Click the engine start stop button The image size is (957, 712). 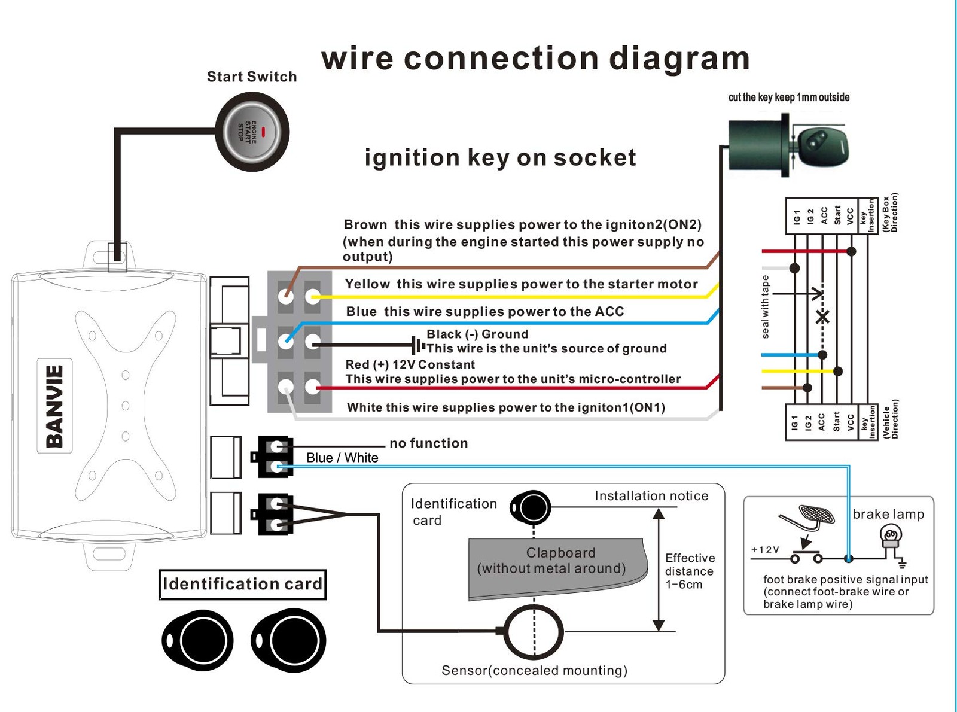pyautogui.click(x=252, y=132)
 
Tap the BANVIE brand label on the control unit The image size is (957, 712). pyautogui.click(x=54, y=406)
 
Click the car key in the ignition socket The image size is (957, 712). pyautogui.click(x=823, y=144)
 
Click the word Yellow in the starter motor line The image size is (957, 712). pyautogui.click(x=367, y=284)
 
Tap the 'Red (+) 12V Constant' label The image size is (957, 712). pyautogui.click(x=410, y=364)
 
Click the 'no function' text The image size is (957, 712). pyautogui.click(x=429, y=443)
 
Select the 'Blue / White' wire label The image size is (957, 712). pyautogui.click(x=342, y=458)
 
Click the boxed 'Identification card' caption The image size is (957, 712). pyautogui.click(x=242, y=584)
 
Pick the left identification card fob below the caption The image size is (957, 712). pyautogui.click(x=197, y=640)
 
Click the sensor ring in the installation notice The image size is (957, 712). pyautogui.click(x=534, y=631)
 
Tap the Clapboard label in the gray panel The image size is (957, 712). pyautogui.click(x=560, y=553)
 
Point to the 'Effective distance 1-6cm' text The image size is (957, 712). pyautogui.click(x=689, y=571)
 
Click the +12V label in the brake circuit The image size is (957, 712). pyautogui.click(x=765, y=550)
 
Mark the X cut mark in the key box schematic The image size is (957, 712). pyautogui.click(x=823, y=317)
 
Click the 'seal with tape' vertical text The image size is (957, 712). pyautogui.click(x=766, y=307)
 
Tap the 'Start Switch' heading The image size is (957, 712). pyautogui.click(x=252, y=77)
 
